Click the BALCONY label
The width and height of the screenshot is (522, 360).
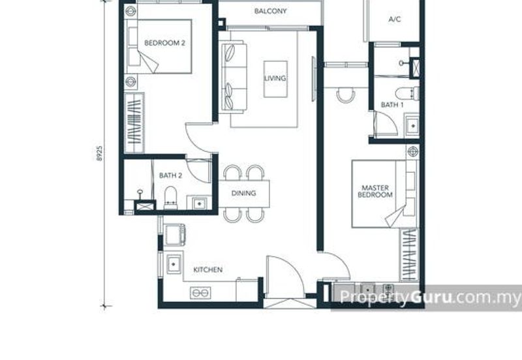pos(270,11)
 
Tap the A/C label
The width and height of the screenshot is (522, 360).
pos(395,20)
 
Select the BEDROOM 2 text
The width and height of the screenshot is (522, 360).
pos(165,43)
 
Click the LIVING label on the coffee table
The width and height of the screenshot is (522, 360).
pos(275,78)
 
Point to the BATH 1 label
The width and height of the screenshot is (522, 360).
pos(392,105)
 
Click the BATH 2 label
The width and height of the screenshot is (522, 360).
pos(170,175)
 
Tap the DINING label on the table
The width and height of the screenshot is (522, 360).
pos(243,193)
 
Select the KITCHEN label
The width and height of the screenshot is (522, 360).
pos(208,269)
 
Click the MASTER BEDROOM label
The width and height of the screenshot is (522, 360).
pos(375,191)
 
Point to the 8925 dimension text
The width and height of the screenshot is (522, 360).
pos(99,153)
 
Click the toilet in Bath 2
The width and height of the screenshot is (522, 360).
pos(171,198)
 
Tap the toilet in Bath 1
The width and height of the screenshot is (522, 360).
pos(407,93)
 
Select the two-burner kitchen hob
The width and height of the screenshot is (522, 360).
pos(200,293)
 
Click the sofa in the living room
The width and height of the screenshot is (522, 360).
pos(233,76)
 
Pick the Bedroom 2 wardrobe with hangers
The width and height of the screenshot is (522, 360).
pos(134,123)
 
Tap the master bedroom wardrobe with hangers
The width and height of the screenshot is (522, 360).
pos(409,255)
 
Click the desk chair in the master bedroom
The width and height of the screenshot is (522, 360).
pos(346,95)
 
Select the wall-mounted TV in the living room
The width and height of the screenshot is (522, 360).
pos(313,79)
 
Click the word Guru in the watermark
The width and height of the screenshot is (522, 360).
pos(431,297)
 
